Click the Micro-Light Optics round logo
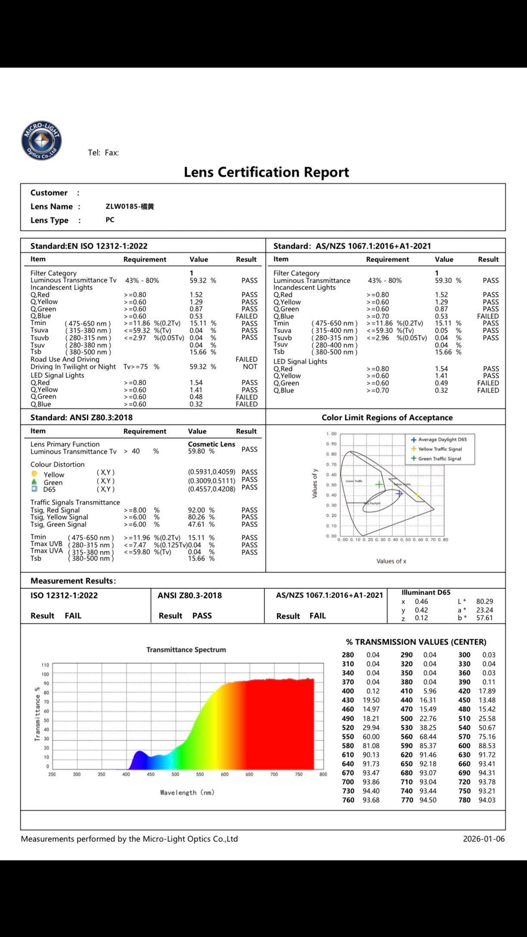click(41, 140)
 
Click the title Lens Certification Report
click(266, 172)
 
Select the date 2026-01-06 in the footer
click(483, 838)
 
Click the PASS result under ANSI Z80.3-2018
click(202, 616)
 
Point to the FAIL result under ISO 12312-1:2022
click(73, 616)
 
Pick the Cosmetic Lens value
click(212, 444)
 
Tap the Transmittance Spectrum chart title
click(186, 650)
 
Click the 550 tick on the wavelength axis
click(200, 774)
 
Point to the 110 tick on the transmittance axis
click(45, 665)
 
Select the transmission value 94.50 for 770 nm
click(428, 800)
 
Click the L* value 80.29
click(484, 601)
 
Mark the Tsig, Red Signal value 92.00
click(196, 510)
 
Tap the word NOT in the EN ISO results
click(249, 367)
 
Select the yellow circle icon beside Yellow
click(34, 474)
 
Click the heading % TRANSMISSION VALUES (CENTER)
click(416, 642)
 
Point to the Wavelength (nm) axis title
click(187, 792)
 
